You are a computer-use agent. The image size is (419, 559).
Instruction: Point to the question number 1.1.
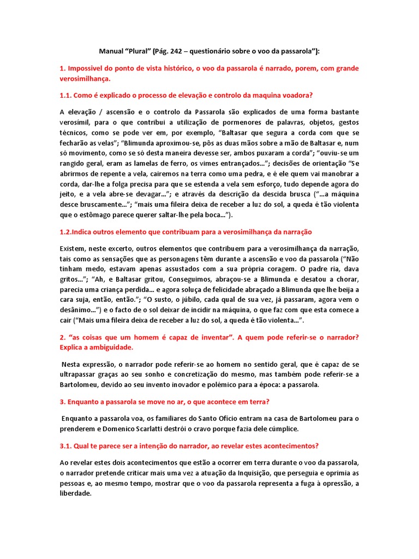pyautogui.click(x=67, y=95)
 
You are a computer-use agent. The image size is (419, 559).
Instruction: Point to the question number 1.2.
pyautogui.click(x=67, y=232)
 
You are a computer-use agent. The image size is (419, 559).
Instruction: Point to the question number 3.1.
pyautogui.click(x=67, y=446)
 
